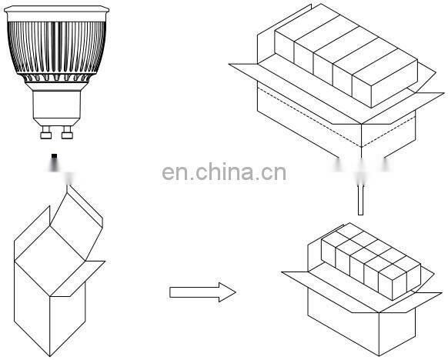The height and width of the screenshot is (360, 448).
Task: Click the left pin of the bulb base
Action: pyautogui.click(x=45, y=135)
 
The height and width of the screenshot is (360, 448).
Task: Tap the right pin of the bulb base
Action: pyautogui.click(x=67, y=135)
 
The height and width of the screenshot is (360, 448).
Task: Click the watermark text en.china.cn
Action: pyautogui.click(x=224, y=172)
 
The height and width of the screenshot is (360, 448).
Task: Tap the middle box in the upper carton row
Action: pyautogui.click(x=331, y=58)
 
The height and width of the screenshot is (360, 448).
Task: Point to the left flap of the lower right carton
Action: pyautogui.click(x=300, y=277)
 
